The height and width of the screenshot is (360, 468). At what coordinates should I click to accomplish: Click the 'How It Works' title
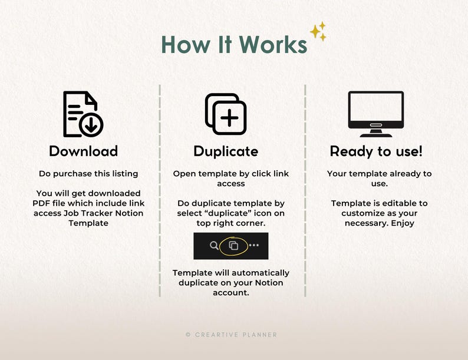(x=235, y=45)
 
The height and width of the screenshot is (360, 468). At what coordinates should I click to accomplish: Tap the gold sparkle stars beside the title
(x=318, y=31)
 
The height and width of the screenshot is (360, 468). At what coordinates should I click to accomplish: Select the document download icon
(x=83, y=114)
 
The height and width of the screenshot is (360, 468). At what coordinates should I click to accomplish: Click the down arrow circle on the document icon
(x=91, y=125)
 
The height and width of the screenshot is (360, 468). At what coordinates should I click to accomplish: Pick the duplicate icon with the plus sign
(x=226, y=114)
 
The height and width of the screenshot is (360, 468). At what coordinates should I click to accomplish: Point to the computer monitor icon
(x=376, y=114)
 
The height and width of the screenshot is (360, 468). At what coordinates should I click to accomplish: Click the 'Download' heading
(x=84, y=151)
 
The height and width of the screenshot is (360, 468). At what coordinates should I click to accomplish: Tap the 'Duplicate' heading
(x=226, y=151)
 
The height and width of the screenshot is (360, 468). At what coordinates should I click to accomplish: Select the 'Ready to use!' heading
(x=376, y=151)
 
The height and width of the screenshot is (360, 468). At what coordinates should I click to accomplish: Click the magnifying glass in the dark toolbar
(x=214, y=246)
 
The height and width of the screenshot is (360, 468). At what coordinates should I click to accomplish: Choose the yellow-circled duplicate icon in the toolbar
(x=233, y=246)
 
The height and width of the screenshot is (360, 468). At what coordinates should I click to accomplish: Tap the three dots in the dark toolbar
(x=253, y=245)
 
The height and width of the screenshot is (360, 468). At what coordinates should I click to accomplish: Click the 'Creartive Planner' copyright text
(x=231, y=335)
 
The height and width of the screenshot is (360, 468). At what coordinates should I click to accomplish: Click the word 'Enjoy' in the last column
(x=403, y=223)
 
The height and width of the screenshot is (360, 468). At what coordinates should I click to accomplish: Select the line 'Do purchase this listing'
(x=88, y=174)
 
